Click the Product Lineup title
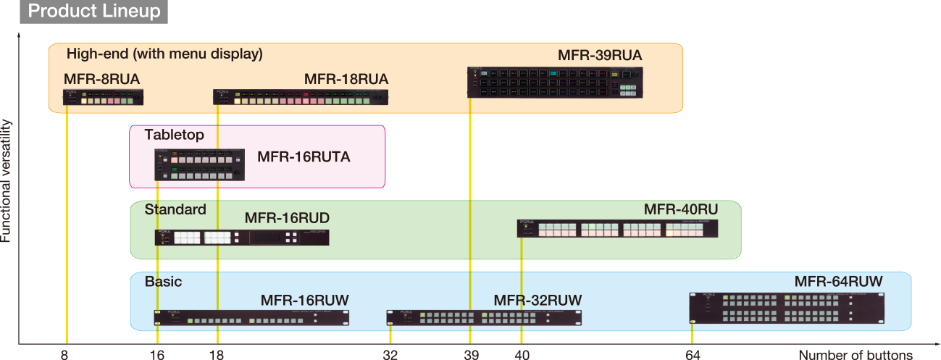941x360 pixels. pyautogui.click(x=93, y=11)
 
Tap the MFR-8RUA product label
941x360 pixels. pyautogui.click(x=101, y=79)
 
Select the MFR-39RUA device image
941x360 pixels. pyautogui.click(x=555, y=83)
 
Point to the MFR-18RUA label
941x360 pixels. pyautogui.click(x=346, y=79)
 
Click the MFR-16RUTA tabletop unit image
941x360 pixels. pyautogui.click(x=199, y=164)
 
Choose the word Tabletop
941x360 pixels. pyautogui.click(x=175, y=135)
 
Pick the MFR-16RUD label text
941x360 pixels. pyautogui.click(x=287, y=218)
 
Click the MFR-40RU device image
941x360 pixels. pyautogui.click(x=617, y=228)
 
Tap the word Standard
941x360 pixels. pyautogui.click(x=175, y=209)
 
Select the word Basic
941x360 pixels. pyautogui.click(x=163, y=282)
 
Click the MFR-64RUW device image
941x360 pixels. pyautogui.click(x=787, y=308)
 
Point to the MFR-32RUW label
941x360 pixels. pyautogui.click(x=538, y=301)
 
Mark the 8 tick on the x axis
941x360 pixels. pyautogui.click(x=64, y=355)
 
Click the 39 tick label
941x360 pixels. pyautogui.click(x=472, y=355)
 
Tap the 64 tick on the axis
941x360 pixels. pyautogui.click(x=693, y=355)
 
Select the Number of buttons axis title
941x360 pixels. pyautogui.click(x=856, y=355)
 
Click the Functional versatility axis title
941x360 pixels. pyautogui.click(x=6, y=181)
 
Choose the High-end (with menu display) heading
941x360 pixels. pyautogui.click(x=164, y=54)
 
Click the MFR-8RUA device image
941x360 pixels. pyautogui.click(x=103, y=97)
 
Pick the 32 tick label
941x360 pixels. pyautogui.click(x=390, y=355)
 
